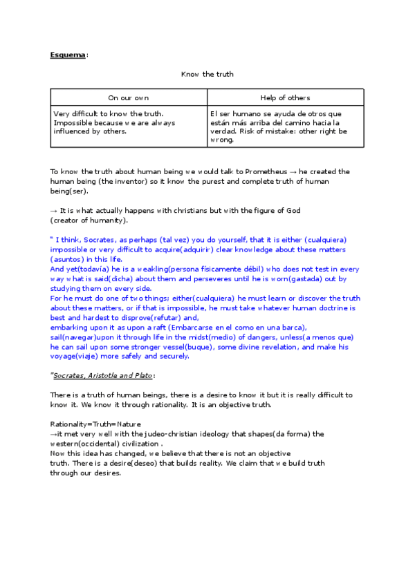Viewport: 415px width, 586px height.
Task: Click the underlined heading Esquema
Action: [x=67, y=54]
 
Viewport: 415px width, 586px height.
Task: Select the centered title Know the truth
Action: [x=207, y=74]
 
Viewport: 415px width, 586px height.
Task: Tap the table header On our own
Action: [x=128, y=98]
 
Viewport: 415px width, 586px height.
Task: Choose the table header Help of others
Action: [x=285, y=98]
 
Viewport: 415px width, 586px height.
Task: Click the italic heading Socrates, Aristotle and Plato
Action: [x=103, y=375]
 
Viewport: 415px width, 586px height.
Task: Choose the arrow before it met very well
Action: [x=53, y=433]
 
